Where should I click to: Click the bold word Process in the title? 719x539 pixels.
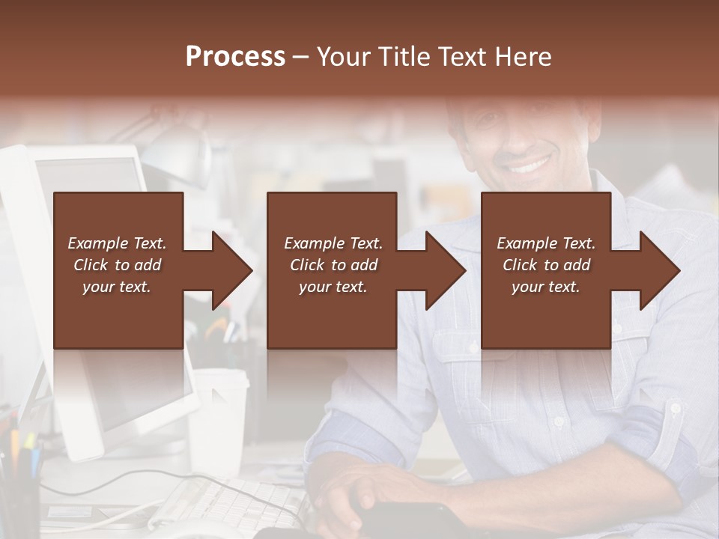[235, 56]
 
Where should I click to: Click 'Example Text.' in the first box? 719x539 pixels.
[117, 243]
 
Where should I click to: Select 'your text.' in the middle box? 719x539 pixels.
[333, 287]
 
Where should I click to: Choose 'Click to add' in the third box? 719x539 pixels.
[546, 265]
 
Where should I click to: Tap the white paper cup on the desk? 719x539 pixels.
[218, 419]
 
